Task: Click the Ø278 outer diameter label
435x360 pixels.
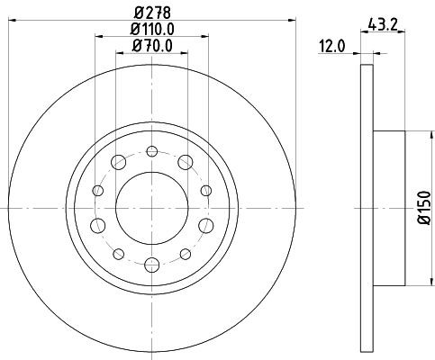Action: [152, 12]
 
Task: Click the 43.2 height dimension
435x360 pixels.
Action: [385, 24]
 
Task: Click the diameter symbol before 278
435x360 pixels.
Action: [137, 12]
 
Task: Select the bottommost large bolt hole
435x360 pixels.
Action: [151, 265]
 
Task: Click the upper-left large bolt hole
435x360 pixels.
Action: [118, 162]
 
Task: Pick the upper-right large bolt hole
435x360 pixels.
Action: [185, 162]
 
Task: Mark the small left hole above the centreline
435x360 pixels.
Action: [97, 190]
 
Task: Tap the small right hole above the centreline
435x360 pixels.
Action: [205, 190]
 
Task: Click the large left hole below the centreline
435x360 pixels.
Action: [97, 225]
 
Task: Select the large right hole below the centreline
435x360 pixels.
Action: [205, 225]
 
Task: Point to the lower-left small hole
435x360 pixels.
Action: [118, 254]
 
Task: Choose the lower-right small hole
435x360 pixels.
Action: [185, 254]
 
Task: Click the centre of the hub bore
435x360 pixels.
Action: [151, 208]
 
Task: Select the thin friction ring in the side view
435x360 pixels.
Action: [366, 208]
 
